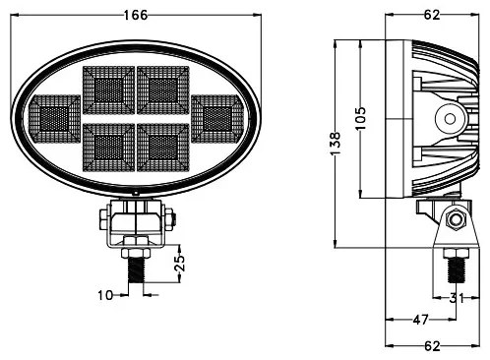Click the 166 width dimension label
(x=139, y=15)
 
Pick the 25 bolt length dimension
(x=179, y=264)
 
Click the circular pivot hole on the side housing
(x=451, y=118)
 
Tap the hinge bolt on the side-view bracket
(x=455, y=220)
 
